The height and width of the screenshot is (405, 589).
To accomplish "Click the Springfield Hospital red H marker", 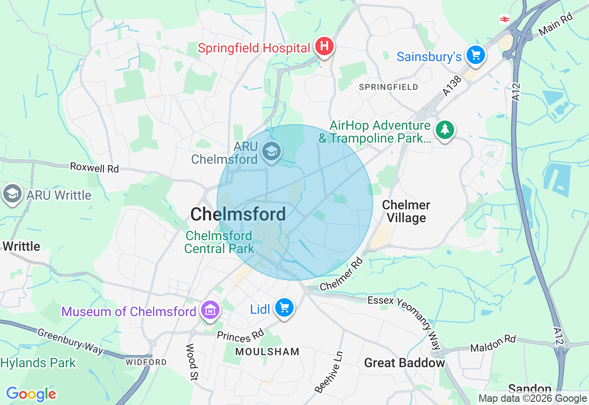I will pyautogui.click(x=324, y=46).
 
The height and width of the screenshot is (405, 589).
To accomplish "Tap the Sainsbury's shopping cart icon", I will pyautogui.click(x=475, y=55).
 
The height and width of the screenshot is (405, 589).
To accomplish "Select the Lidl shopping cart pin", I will pyautogui.click(x=284, y=307).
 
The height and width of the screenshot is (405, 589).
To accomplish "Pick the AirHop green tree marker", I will pyautogui.click(x=445, y=130).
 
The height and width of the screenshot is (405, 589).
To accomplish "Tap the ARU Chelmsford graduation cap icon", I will pyautogui.click(x=271, y=151).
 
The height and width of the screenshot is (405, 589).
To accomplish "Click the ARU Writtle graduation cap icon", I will pyautogui.click(x=12, y=194).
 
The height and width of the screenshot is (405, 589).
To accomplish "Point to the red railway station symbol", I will pyautogui.click(x=505, y=19).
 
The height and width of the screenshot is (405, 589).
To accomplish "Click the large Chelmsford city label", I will pyautogui.click(x=238, y=214).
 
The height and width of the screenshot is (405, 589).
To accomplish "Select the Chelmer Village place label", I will pyautogui.click(x=406, y=211).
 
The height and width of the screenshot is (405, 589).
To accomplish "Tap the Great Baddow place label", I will pyautogui.click(x=404, y=363).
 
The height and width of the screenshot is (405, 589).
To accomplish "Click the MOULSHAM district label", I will pyautogui.click(x=267, y=352).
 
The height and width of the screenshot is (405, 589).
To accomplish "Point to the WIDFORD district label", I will pyautogui.click(x=146, y=362).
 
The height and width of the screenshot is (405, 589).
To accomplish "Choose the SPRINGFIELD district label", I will pyautogui.click(x=388, y=87).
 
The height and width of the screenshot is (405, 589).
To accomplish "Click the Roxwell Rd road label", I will pyautogui.click(x=94, y=168).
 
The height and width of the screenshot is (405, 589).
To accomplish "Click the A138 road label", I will pyautogui.click(x=452, y=86).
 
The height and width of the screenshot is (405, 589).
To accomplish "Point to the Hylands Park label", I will pyautogui.click(x=38, y=363).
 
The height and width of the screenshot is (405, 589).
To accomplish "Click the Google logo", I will pyautogui.click(x=31, y=394).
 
